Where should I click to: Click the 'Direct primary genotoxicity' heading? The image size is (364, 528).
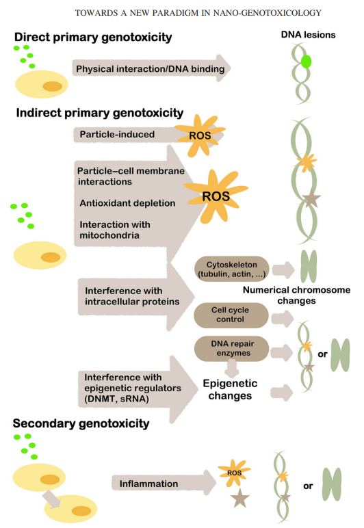(93, 37)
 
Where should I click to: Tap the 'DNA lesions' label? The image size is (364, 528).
(308, 35)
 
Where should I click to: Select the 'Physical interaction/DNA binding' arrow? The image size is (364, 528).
(151, 68)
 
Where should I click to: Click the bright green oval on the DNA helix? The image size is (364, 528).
(306, 62)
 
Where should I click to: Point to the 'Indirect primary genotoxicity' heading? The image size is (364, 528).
(100, 113)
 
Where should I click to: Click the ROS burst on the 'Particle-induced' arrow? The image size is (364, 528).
(200, 135)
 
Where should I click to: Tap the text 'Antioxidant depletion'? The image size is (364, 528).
(127, 203)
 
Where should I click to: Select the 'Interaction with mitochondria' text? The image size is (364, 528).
(115, 230)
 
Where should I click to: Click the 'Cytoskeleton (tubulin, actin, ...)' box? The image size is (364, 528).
(232, 269)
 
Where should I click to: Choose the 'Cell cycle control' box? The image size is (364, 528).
(231, 315)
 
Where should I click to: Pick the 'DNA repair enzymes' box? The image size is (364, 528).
(232, 348)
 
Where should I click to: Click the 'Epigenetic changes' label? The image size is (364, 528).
(230, 389)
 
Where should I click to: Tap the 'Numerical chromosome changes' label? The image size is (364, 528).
(297, 295)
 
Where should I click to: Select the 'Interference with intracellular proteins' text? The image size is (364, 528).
(132, 296)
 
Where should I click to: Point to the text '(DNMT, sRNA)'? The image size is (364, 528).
(116, 399)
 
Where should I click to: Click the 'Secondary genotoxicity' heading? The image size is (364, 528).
(81, 423)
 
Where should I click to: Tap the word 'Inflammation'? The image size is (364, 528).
(149, 484)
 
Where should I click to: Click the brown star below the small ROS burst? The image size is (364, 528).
(239, 498)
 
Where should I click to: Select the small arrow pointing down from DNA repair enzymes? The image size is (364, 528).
(232, 368)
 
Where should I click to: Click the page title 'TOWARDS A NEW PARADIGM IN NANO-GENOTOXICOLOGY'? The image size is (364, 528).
(198, 13)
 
